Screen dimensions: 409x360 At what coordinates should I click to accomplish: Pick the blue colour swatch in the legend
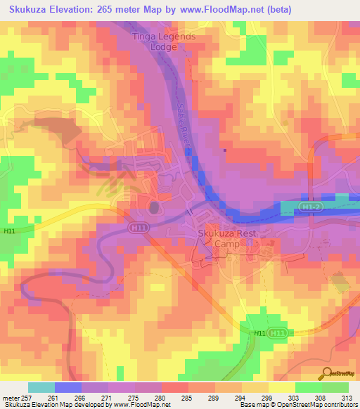(68, 387)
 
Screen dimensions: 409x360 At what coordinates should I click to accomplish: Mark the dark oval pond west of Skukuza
(153, 207)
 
